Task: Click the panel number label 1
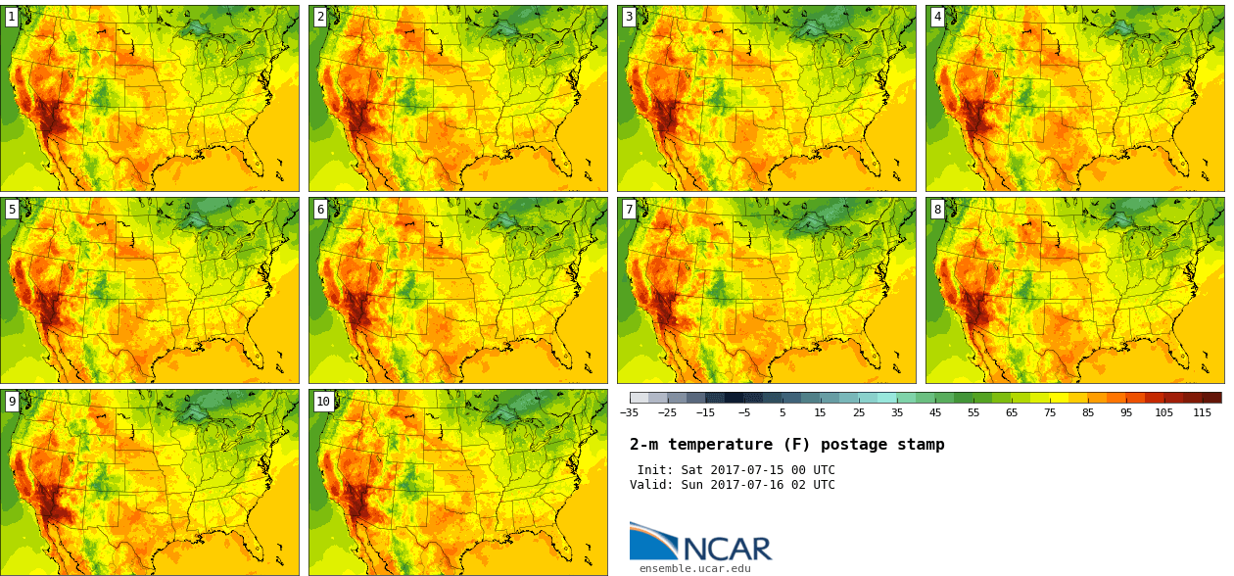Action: tap(12, 17)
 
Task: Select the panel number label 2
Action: tap(320, 17)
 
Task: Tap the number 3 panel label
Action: tap(629, 17)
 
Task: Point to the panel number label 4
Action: tap(937, 17)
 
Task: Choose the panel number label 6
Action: tap(320, 209)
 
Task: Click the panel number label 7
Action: tap(629, 209)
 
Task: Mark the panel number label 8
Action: tap(937, 209)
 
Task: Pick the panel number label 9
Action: tap(12, 401)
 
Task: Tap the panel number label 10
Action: tap(323, 401)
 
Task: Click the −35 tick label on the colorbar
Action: tap(629, 413)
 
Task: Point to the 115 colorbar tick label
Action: tap(1202, 413)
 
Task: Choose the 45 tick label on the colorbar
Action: tap(935, 413)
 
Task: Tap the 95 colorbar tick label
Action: tap(1126, 413)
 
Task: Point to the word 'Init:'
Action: tap(655, 470)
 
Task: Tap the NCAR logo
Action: tap(700, 542)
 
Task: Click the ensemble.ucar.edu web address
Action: tap(694, 568)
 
